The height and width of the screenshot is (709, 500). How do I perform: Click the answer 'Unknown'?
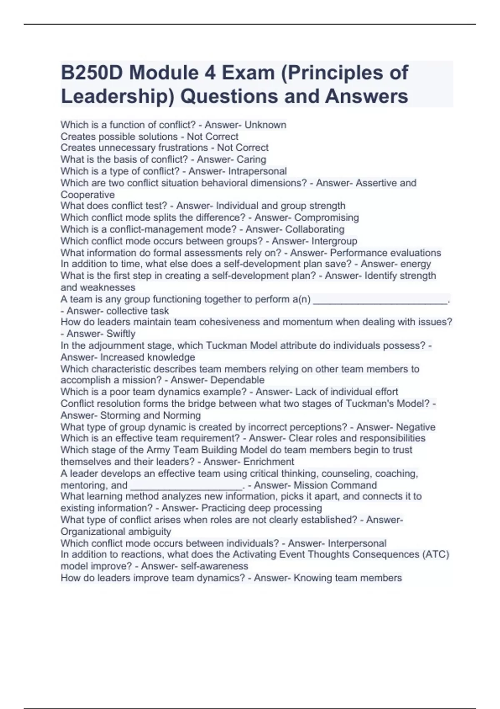(x=265, y=125)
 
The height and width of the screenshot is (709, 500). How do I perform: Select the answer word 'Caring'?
(x=251, y=159)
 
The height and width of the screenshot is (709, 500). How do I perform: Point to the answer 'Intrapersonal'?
(x=257, y=171)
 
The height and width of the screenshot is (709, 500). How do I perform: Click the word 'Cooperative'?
(x=87, y=195)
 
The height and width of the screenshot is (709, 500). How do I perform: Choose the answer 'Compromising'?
(x=326, y=217)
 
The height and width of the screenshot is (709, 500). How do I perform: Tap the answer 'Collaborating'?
(x=315, y=229)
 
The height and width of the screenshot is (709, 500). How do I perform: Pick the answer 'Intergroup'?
(x=334, y=241)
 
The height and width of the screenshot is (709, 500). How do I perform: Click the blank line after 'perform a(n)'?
(x=380, y=300)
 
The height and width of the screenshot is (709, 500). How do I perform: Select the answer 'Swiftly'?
(x=121, y=334)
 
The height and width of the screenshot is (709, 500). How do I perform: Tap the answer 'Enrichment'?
(x=269, y=462)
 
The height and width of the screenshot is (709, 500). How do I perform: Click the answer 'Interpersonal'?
(x=357, y=543)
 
